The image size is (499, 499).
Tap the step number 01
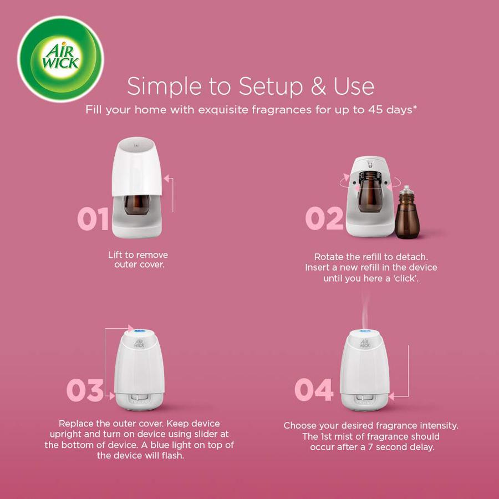tap(93, 218)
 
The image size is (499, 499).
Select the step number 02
tap(324, 218)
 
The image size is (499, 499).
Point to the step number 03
tap(85, 390)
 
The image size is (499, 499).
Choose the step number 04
tap(314, 390)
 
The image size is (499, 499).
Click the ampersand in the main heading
tap(318, 86)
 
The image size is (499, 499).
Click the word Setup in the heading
tap(270, 86)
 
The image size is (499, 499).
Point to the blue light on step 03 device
tap(139, 331)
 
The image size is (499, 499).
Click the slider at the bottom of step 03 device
tap(139, 398)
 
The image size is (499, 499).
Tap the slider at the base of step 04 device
tap(365, 398)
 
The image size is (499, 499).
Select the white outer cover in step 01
tap(137, 167)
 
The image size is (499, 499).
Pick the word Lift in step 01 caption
tap(115, 255)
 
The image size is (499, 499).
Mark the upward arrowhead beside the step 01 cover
tap(166, 178)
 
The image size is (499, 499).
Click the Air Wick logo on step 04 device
tap(365, 343)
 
